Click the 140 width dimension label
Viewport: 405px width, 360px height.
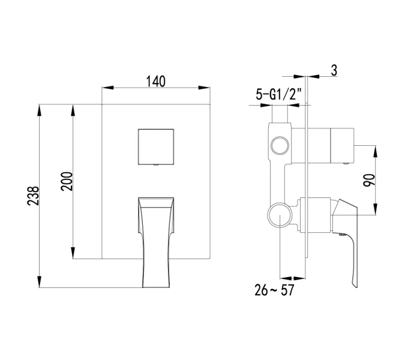[155, 81]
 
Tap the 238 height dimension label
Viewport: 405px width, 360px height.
[35, 196]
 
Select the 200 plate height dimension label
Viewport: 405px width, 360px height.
[67, 181]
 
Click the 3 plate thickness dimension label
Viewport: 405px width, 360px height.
[334, 70]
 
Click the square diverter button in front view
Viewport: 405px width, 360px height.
[156, 146]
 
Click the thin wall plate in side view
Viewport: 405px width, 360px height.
[307, 180]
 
